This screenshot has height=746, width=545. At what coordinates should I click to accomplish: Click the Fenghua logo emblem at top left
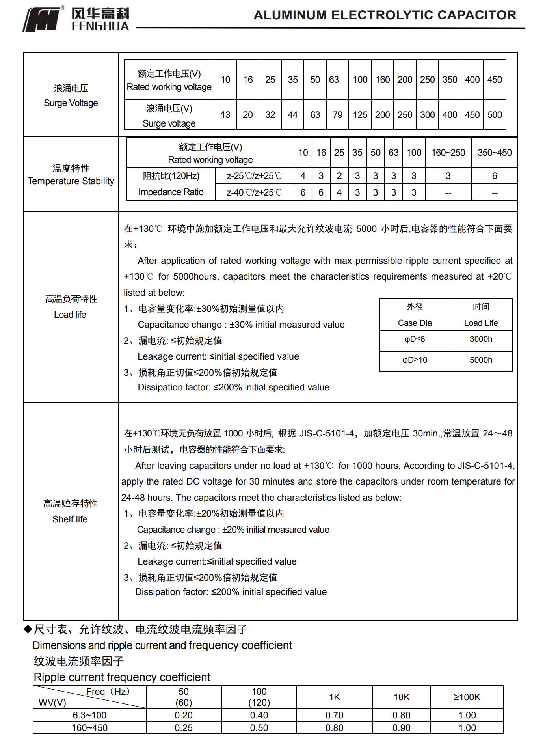[43, 20]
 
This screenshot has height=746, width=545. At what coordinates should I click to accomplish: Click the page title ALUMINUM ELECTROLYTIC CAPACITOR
[385, 15]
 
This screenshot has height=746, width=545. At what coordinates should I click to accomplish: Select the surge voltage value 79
[337, 115]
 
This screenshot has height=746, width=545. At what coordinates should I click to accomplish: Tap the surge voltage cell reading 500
[495, 115]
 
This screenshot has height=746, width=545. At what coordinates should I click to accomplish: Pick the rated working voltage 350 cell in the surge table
[450, 80]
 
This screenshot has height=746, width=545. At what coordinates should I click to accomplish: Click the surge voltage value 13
[225, 115]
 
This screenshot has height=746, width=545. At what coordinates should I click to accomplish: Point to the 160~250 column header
[448, 153]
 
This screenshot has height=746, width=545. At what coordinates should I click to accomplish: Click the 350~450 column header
[495, 153]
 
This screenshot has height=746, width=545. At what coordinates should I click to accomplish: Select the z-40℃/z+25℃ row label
[254, 192]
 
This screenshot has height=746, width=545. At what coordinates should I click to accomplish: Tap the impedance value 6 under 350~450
[495, 176]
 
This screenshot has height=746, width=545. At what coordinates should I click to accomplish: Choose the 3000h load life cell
[481, 339]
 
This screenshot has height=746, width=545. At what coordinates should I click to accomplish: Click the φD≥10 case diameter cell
[415, 360]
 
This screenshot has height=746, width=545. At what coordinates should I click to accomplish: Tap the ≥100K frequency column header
[467, 697]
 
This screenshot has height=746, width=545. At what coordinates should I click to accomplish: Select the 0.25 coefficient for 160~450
[184, 728]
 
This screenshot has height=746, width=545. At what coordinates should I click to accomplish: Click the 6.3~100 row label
[89, 715]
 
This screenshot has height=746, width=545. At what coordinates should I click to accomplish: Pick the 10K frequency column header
[401, 697]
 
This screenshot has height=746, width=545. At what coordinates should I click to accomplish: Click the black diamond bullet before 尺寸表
[28, 629]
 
